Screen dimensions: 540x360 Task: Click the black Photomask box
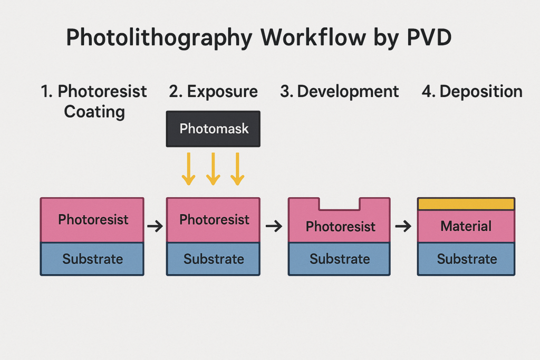click(213, 129)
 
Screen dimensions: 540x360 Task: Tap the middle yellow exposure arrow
click(213, 169)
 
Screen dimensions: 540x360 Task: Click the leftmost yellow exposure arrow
click(189, 169)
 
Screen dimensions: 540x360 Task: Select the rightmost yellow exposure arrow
click(238, 169)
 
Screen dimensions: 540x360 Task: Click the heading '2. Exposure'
click(213, 92)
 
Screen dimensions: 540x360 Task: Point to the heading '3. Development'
click(339, 92)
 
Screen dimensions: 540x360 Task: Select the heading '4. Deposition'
click(472, 92)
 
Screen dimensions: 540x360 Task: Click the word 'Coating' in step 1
click(94, 112)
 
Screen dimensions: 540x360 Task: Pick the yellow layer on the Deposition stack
click(466, 204)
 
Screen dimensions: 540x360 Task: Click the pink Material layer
click(466, 226)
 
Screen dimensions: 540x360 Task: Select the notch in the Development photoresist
click(340, 204)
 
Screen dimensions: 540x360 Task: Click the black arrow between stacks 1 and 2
click(155, 226)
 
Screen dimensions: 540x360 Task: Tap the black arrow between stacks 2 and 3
click(274, 226)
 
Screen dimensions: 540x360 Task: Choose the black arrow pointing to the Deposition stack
click(403, 226)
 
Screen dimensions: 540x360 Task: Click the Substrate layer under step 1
click(92, 259)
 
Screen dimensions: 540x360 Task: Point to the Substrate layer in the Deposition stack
click(466, 259)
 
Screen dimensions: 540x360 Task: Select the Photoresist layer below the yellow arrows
click(213, 220)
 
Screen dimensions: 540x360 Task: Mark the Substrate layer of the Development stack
click(339, 259)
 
